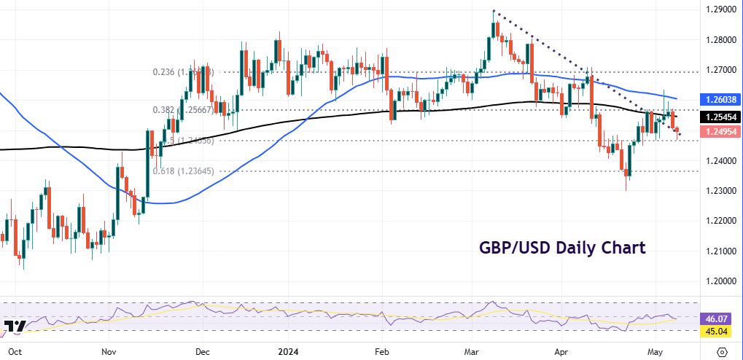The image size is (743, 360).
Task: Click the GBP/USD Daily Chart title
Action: (561, 248)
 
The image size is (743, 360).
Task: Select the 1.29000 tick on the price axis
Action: (721, 9)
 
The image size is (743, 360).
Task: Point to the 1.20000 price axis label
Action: (721, 281)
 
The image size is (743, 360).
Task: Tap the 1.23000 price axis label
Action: (721, 190)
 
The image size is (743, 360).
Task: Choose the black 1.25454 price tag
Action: (721, 117)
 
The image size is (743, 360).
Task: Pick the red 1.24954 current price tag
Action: (721, 131)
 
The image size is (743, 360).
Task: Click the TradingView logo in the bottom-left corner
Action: (14, 327)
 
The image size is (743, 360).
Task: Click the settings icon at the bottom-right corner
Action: (722, 351)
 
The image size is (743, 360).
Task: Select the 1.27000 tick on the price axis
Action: (721, 70)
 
